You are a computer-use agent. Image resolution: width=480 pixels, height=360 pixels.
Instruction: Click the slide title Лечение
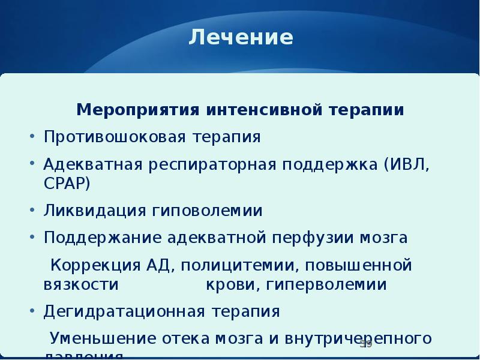(x=241, y=38)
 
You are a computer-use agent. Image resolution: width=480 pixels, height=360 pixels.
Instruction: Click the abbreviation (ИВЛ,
(x=406, y=164)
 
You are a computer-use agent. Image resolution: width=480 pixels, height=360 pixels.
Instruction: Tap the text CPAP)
(x=67, y=182)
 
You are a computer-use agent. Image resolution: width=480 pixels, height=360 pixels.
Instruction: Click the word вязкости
(x=80, y=284)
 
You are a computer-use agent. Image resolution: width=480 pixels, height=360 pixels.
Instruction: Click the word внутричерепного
(x=360, y=338)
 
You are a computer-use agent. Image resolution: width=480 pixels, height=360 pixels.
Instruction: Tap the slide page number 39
(x=366, y=344)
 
